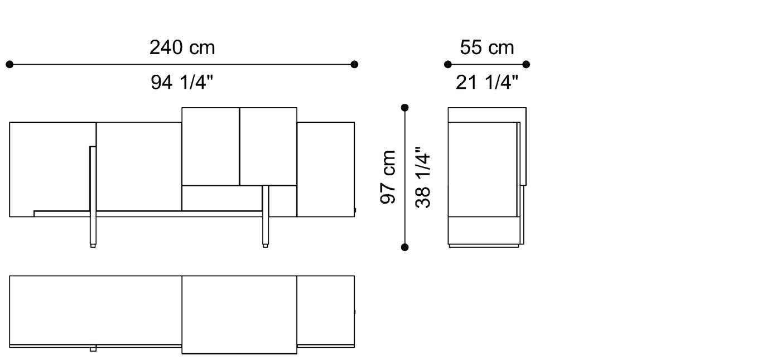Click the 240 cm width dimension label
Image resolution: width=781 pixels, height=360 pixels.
click(x=182, y=47)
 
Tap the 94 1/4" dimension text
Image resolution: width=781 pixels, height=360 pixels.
click(x=182, y=83)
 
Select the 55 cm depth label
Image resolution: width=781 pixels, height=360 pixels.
click(x=486, y=47)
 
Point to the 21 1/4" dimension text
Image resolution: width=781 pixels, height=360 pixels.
click(x=486, y=83)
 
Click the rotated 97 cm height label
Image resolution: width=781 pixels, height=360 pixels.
click(x=388, y=176)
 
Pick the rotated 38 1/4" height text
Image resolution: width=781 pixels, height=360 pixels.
click(x=423, y=176)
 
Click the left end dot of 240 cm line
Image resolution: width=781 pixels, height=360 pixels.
click(x=9, y=64)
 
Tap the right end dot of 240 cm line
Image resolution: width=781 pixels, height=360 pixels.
click(x=354, y=64)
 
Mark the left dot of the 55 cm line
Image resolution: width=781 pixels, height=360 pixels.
click(x=447, y=64)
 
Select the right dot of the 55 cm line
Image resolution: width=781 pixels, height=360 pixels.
click(x=526, y=64)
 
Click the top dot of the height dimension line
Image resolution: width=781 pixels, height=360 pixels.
click(x=404, y=107)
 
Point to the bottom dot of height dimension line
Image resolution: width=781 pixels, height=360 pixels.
click(x=404, y=247)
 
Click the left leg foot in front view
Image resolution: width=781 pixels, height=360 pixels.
click(x=93, y=244)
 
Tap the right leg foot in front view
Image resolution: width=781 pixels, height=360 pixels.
click(x=266, y=244)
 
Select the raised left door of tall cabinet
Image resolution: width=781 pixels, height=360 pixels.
click(x=210, y=146)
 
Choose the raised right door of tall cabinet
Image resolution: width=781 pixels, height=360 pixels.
click(x=268, y=146)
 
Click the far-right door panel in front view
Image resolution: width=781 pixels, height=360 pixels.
click(x=326, y=169)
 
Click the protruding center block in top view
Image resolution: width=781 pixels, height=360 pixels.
click(x=239, y=314)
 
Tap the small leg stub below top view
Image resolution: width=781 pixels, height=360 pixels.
click(x=93, y=349)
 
